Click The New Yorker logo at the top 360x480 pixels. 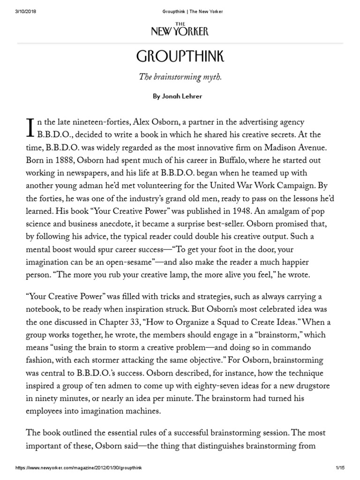180,30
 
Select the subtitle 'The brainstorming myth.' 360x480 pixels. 180,77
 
